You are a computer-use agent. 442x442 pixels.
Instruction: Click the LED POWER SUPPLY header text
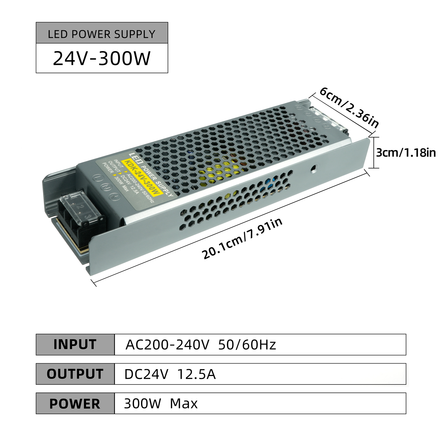(102, 34)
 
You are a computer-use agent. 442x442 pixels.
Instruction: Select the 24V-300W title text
(102, 58)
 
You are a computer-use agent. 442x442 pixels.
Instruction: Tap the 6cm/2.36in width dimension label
(349, 107)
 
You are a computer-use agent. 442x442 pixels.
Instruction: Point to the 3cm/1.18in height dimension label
(406, 152)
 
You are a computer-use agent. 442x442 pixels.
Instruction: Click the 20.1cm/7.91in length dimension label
(242, 238)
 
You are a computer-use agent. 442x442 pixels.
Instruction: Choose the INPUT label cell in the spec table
(75, 344)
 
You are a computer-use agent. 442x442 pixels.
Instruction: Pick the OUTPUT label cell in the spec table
(75, 374)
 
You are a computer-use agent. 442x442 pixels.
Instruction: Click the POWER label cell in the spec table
(75, 403)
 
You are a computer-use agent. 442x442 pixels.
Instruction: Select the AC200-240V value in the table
(167, 345)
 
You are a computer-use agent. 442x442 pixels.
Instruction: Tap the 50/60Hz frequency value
(247, 345)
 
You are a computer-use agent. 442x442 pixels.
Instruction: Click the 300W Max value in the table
(161, 404)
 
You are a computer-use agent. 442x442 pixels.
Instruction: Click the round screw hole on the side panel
(314, 169)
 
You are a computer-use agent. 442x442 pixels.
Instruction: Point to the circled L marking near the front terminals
(98, 178)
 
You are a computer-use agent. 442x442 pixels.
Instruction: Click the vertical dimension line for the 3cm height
(374, 152)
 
